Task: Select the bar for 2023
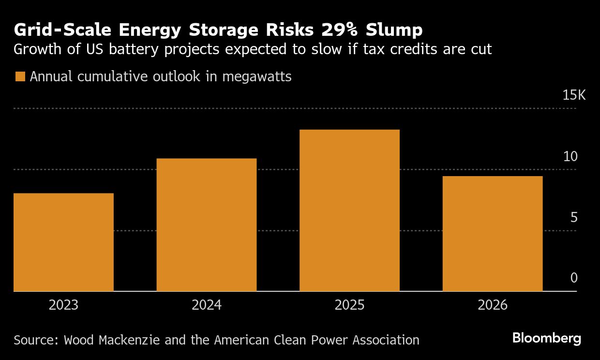pyautogui.click(x=63, y=242)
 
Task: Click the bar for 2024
pyautogui.click(x=207, y=225)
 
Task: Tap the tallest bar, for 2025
pyautogui.click(x=349, y=210)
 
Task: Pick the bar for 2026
pyautogui.click(x=493, y=234)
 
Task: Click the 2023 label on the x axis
pyautogui.click(x=64, y=305)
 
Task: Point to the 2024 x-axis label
pyautogui.click(x=207, y=305)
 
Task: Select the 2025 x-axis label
pyautogui.click(x=350, y=305)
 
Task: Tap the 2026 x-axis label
pyautogui.click(x=493, y=305)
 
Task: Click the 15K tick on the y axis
pyautogui.click(x=574, y=95)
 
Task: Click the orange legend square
pyautogui.click(x=20, y=77)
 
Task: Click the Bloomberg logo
pyautogui.click(x=547, y=338)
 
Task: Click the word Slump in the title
pyautogui.click(x=394, y=30)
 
